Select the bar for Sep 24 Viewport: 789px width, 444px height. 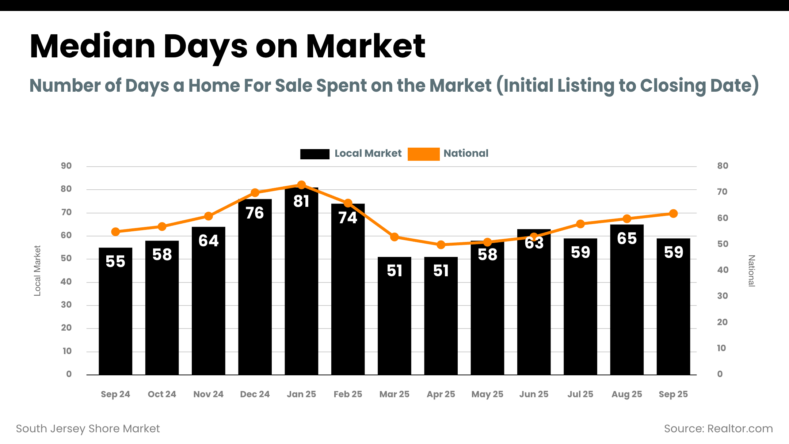115,314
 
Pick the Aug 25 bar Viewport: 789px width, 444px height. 627,303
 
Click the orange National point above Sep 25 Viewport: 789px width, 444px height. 674,214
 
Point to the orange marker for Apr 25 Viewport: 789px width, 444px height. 441,245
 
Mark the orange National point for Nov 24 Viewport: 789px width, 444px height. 209,216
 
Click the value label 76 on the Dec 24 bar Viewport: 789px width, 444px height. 255,213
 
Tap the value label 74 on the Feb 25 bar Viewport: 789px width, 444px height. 348,218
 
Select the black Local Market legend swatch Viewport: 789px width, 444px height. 315,154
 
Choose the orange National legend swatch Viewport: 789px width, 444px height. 423,154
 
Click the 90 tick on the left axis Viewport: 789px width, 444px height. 66,166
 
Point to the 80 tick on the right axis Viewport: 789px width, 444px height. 723,166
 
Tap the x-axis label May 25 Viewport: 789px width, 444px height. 487,394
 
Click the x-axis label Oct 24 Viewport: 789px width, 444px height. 162,394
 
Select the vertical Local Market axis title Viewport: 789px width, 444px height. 37,270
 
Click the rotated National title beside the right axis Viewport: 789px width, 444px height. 751,271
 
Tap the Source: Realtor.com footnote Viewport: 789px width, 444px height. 718,429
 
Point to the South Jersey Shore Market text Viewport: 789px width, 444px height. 88,429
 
